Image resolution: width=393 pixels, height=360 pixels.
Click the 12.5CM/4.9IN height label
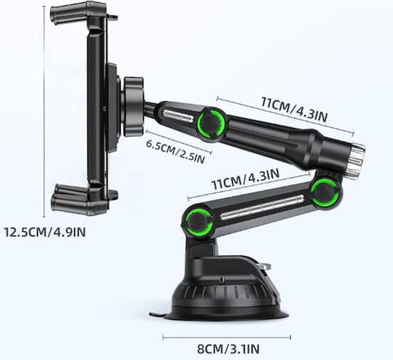pyautogui.click(x=44, y=232)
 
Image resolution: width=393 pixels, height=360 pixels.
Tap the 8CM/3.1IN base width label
pyautogui.click(x=228, y=348)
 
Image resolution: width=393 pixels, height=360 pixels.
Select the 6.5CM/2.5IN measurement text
pyautogui.click(x=175, y=151)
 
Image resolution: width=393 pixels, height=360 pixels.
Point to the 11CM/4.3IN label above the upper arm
pyautogui.click(x=294, y=110)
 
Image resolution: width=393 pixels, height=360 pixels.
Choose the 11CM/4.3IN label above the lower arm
pyautogui.click(x=245, y=179)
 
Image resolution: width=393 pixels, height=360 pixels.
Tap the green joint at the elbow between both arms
pyautogui.click(x=325, y=192)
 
